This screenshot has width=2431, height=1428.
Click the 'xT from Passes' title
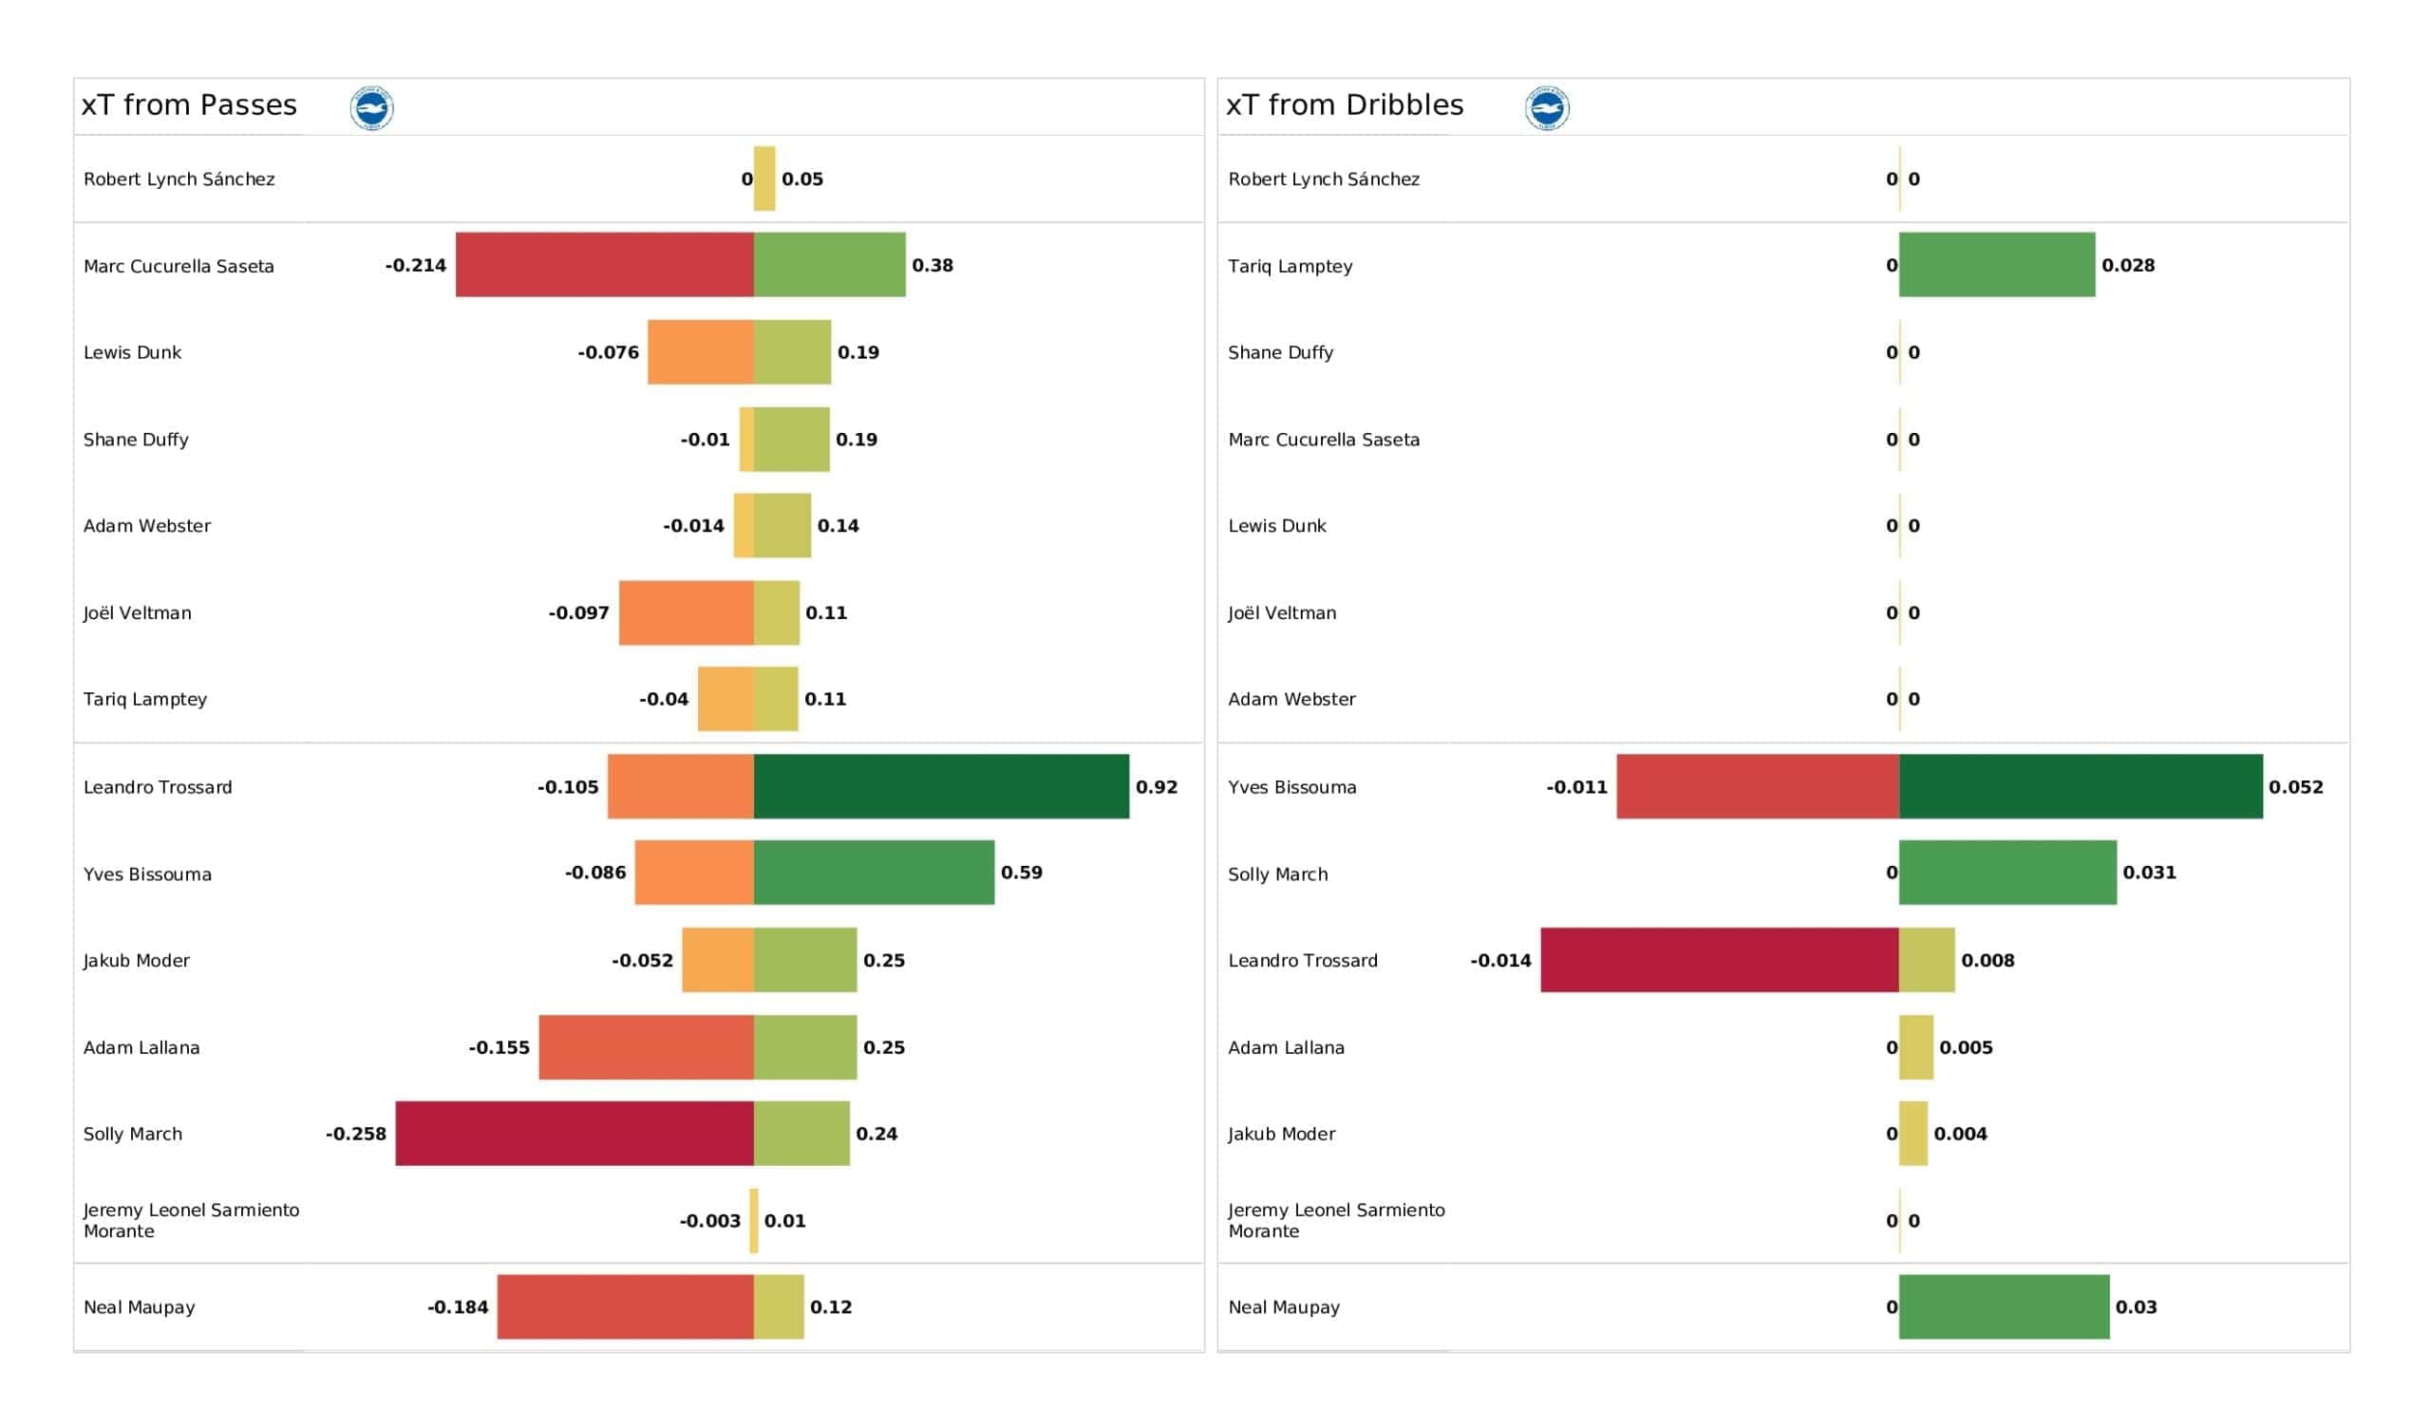pyautogui.click(x=189, y=105)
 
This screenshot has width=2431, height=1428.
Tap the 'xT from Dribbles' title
pyautogui.click(x=1345, y=105)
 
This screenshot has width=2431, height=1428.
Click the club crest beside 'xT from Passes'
pyautogui.click(x=371, y=108)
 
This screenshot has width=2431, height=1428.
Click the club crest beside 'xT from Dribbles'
pyautogui.click(x=1547, y=108)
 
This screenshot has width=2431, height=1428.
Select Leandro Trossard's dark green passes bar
pyautogui.click(x=941, y=786)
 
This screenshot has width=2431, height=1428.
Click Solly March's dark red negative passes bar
pyautogui.click(x=575, y=1134)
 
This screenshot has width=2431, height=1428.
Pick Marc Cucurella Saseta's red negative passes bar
pyautogui.click(x=605, y=264)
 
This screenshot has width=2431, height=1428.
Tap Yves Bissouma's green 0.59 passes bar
pyautogui.click(x=874, y=873)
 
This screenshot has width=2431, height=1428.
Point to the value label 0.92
pyautogui.click(x=1157, y=787)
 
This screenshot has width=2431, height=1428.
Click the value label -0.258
pyautogui.click(x=356, y=1134)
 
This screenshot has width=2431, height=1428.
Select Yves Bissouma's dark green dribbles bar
pyautogui.click(x=2081, y=786)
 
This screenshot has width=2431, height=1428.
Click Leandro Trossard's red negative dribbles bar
pyautogui.click(x=1720, y=960)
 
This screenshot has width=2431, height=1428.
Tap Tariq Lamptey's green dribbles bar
pyautogui.click(x=1997, y=264)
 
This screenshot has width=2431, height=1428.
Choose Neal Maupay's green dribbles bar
pyautogui.click(x=2005, y=1306)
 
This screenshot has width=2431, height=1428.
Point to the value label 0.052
pyautogui.click(x=2296, y=787)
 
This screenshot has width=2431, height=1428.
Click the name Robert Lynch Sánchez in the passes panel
pyautogui.click(x=179, y=179)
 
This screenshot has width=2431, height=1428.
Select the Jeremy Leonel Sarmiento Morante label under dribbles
pyautogui.click(x=1336, y=1221)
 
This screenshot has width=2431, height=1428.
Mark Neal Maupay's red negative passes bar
pyautogui.click(x=625, y=1306)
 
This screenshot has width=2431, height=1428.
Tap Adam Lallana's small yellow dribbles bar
pyautogui.click(x=1916, y=1047)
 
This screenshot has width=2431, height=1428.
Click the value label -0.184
pyautogui.click(x=459, y=1307)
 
